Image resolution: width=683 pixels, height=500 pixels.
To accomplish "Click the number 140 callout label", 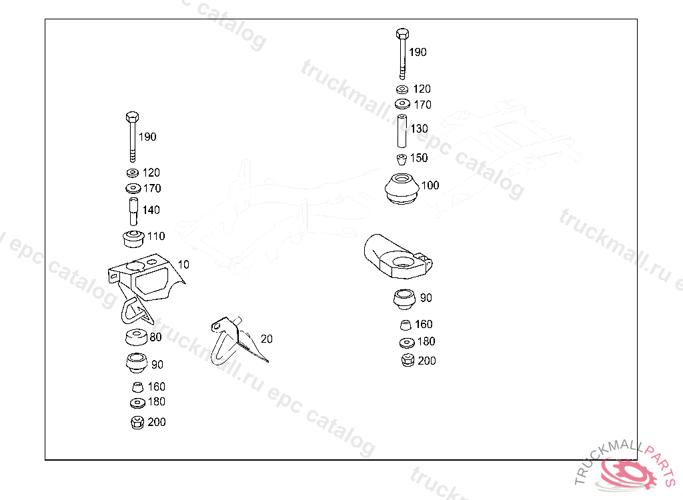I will (151, 210).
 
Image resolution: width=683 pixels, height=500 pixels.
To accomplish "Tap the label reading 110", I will (155, 236).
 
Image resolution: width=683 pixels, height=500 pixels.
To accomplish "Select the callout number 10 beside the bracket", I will (183, 265).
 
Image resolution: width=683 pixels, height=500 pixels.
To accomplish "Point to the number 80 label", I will (155, 337).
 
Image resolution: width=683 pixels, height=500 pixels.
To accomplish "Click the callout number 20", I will (267, 339).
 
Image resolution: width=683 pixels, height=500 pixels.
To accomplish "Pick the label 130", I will (419, 129).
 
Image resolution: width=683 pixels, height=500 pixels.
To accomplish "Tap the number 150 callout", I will (419, 158).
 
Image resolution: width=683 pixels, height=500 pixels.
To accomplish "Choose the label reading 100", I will (430, 185).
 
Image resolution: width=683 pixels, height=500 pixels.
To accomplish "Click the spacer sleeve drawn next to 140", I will (132, 210).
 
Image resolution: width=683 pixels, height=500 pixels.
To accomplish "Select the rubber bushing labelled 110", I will (131, 237).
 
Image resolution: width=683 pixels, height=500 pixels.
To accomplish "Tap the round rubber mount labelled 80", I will (137, 337).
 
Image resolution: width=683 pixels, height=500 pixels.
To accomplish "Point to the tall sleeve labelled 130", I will (402, 131).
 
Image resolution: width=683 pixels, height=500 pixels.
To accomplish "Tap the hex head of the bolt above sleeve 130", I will (402, 33).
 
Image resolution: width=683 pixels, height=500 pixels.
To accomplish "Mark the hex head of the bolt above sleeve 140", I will (131, 117).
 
